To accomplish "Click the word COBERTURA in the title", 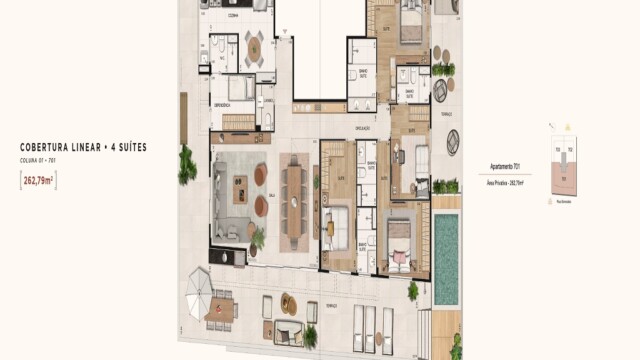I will coord(47,147).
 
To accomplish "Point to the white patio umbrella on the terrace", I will coord(199,287).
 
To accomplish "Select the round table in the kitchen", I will coord(254,46).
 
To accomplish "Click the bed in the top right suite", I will coord(408,21).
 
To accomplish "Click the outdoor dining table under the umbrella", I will coord(219,311).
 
